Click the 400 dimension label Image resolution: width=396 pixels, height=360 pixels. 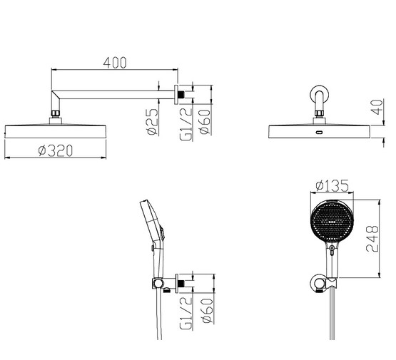pos(115,63)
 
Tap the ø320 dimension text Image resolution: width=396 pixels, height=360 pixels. pos(56,150)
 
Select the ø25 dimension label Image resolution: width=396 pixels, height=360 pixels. pos(153,122)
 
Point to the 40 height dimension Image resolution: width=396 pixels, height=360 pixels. pos(378,107)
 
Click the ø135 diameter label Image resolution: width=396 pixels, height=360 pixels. pos(332,185)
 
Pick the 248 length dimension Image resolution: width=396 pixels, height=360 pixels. pos(372,239)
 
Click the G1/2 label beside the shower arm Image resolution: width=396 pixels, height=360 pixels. pos(186,124)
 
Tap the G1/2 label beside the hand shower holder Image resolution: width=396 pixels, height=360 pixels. pos(186,314)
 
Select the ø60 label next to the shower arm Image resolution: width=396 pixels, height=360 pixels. pos(205,122)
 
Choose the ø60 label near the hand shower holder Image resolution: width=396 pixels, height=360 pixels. pos(208,311)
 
